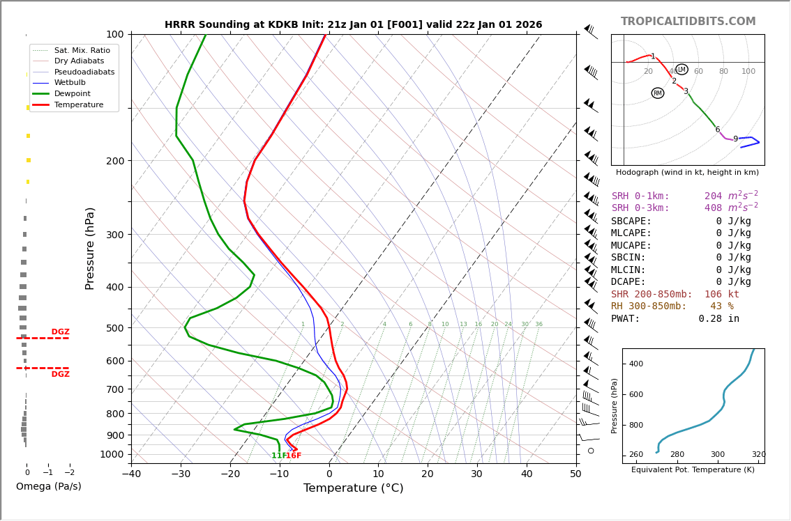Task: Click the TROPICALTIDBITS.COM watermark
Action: tap(688, 22)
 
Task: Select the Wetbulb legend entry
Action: tap(70, 82)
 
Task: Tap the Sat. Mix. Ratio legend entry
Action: tap(82, 50)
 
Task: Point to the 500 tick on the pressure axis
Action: tap(115, 328)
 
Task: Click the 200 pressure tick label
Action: tap(115, 161)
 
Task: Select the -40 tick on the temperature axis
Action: tap(131, 474)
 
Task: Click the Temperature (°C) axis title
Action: tap(353, 488)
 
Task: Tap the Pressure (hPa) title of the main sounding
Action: tap(90, 248)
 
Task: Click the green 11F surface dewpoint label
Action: tap(279, 456)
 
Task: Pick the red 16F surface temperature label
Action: tap(294, 456)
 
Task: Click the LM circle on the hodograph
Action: tap(681, 70)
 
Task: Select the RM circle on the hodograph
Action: tap(658, 93)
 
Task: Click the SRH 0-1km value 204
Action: tap(713, 196)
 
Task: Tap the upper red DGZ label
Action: tap(60, 332)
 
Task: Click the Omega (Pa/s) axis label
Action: tap(49, 486)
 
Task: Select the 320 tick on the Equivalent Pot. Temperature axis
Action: tap(758, 455)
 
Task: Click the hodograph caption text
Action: tap(687, 172)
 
